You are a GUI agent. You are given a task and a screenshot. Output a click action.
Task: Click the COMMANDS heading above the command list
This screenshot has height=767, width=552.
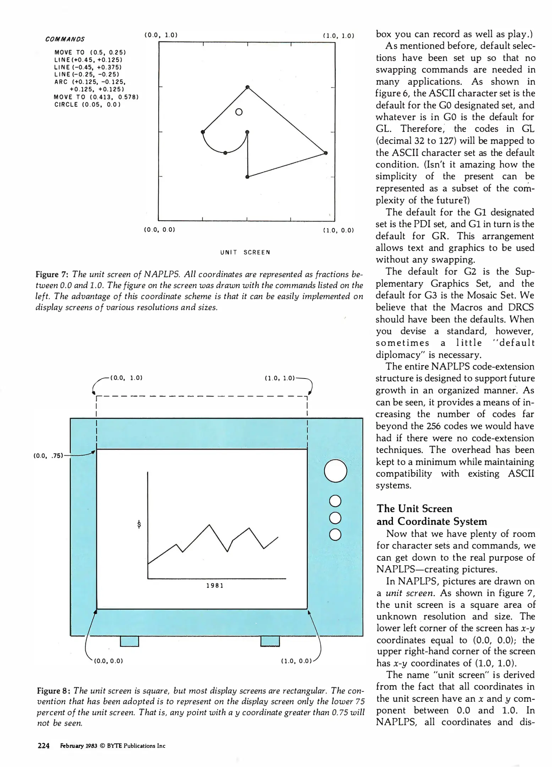[65, 39]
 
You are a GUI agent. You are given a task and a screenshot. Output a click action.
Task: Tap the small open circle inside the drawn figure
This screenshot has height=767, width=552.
[239, 112]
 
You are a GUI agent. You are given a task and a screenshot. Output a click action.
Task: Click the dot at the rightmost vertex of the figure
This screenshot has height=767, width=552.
[326, 153]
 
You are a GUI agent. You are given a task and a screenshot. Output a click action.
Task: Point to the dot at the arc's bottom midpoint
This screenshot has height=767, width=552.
[225, 153]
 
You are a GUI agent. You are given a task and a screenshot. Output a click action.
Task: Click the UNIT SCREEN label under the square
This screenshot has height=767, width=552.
[245, 252]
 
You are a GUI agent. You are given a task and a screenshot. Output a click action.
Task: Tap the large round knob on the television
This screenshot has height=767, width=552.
[335, 470]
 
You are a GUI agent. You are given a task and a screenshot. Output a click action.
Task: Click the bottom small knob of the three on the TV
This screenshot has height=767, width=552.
[335, 534]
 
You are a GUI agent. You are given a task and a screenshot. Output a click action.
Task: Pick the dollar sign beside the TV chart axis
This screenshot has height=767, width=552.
[139, 524]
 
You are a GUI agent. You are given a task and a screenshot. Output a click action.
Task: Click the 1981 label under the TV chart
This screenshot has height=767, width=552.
[215, 586]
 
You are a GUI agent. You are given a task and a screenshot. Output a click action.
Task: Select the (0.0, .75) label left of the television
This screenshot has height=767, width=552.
[48, 456]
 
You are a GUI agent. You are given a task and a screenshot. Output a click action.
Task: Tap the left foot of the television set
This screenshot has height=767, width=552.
[130, 641]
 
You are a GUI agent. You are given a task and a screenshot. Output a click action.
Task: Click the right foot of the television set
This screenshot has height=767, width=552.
[270, 641]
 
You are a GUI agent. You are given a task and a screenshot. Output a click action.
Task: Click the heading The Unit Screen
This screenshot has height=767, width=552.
[414, 508]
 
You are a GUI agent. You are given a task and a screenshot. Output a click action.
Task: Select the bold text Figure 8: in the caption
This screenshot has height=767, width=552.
[53, 691]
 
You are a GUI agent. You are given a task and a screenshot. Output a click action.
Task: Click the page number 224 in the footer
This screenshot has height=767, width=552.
[43, 746]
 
